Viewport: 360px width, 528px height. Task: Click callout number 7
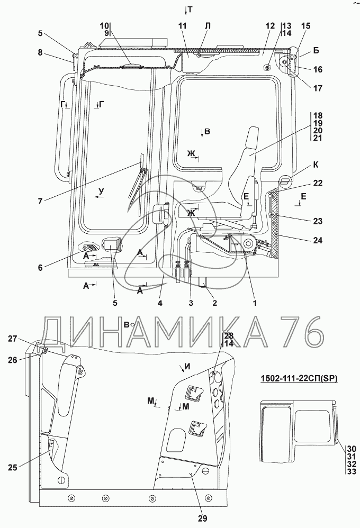click(40, 201)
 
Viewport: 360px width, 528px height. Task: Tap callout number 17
click(318, 88)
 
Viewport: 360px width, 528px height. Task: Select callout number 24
click(318, 240)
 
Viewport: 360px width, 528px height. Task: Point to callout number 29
click(203, 518)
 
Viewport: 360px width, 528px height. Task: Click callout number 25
click(13, 467)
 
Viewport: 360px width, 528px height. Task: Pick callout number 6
click(40, 268)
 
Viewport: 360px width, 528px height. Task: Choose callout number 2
click(215, 303)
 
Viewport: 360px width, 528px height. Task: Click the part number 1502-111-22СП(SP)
click(299, 379)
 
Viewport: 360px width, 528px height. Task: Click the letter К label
click(316, 165)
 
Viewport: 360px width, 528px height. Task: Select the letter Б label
click(316, 50)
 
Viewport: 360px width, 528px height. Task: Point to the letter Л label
click(208, 25)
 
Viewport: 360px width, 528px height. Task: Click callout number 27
click(13, 339)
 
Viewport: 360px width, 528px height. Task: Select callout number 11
click(182, 26)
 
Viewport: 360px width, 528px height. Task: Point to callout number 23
click(318, 221)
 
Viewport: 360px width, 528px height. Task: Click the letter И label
click(187, 367)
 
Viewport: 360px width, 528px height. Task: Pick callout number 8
click(40, 52)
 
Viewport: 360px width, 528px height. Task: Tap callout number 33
click(352, 472)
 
